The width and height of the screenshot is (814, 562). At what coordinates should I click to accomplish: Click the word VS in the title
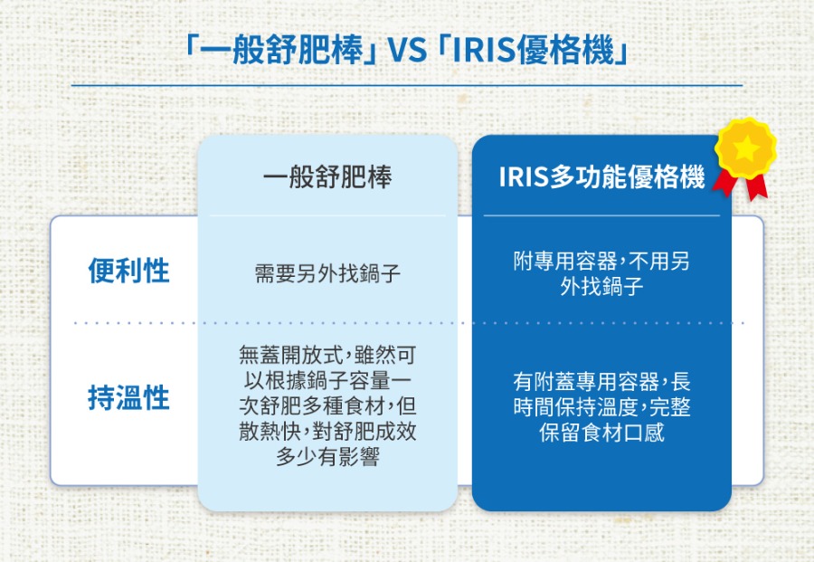click(407, 51)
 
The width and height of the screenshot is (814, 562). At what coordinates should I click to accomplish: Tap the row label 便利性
click(128, 271)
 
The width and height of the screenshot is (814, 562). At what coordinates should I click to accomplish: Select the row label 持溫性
click(128, 397)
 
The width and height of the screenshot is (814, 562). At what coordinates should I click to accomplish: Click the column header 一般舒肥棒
click(327, 176)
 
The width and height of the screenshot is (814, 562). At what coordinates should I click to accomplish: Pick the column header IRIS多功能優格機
click(601, 176)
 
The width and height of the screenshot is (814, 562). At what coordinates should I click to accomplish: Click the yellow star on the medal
click(745, 148)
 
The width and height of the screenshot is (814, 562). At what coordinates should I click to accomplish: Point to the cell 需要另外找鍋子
click(327, 273)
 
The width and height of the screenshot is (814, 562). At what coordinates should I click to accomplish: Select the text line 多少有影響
click(327, 456)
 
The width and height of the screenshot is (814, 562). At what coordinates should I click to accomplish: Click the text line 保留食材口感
click(601, 433)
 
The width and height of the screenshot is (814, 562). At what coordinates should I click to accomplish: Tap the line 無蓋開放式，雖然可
click(327, 356)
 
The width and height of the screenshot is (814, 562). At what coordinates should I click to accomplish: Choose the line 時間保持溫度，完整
click(601, 406)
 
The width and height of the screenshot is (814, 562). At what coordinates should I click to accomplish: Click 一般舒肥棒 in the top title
click(282, 51)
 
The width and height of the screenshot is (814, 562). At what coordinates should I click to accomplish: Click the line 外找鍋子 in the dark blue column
click(601, 286)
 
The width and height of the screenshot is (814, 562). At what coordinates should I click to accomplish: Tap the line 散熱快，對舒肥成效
click(327, 431)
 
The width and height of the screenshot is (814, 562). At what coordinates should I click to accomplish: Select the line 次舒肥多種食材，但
click(327, 405)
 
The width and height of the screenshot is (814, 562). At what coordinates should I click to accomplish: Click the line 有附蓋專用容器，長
click(601, 382)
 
